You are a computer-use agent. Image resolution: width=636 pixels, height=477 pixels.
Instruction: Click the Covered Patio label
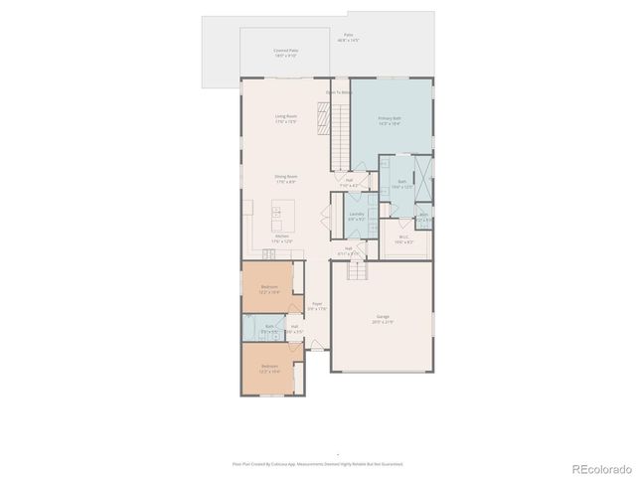pos(286,52)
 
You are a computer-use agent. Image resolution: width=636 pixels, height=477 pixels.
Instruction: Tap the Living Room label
pos(286,119)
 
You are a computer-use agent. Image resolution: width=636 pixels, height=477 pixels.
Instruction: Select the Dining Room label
pos(286,179)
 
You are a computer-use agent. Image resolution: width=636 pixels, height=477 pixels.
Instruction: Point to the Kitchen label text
pos(282,238)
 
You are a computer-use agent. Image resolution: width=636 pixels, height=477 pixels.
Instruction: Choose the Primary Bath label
pos(389,121)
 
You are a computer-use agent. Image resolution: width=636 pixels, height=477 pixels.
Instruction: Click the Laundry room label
pos(356,216)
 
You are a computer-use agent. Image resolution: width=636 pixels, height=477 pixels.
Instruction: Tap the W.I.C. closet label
pos(404,239)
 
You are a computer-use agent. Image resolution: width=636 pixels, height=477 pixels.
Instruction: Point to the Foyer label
pos(316,306)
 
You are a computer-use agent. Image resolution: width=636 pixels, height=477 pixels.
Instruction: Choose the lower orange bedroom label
pos(269,369)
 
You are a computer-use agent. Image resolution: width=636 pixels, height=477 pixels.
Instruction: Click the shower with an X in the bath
pos(423,180)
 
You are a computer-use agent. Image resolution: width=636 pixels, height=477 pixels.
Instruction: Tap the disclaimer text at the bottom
pos(318,463)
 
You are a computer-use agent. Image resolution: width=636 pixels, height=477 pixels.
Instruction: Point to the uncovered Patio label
pos(348,37)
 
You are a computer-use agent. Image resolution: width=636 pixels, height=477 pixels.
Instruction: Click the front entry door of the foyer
pos(317,349)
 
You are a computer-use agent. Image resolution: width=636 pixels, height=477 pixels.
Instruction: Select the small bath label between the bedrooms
pos(269,327)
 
